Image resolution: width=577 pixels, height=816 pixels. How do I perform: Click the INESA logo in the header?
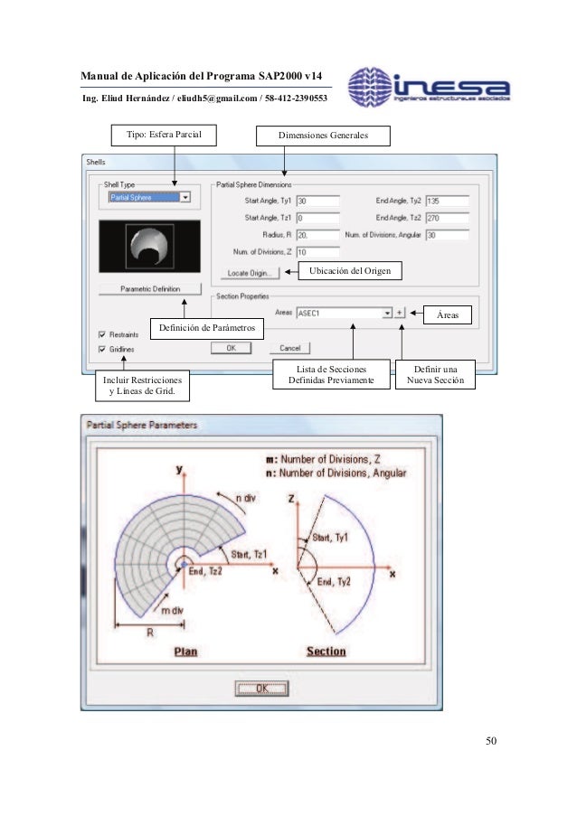[430, 87]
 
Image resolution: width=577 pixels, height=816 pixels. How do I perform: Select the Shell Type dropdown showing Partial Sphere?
[149, 197]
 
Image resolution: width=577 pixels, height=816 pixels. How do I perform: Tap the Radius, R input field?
[317, 234]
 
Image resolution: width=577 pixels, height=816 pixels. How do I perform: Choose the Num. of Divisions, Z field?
[317, 251]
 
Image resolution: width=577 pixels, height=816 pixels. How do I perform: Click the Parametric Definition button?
[151, 289]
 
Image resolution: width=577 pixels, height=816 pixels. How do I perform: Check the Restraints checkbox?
[102, 333]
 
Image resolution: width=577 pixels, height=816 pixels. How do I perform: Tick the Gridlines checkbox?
[102, 348]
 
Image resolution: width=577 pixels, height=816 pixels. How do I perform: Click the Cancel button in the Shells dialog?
[289, 347]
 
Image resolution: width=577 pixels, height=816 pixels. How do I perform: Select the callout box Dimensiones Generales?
[323, 136]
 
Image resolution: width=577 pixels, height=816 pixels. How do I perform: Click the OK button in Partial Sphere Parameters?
[261, 688]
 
